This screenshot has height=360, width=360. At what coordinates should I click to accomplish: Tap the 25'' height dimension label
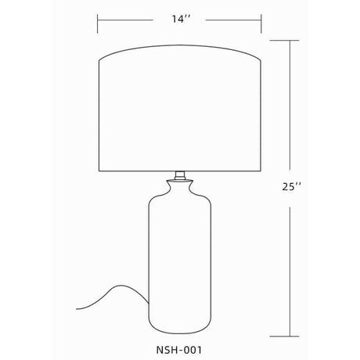click(x=292, y=187)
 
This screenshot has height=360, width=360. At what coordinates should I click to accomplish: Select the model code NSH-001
click(x=179, y=350)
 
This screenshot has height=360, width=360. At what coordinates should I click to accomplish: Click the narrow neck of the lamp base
click(x=180, y=187)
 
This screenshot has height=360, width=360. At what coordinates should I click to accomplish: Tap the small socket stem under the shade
click(x=180, y=175)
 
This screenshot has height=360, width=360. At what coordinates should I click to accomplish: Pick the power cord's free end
click(x=77, y=309)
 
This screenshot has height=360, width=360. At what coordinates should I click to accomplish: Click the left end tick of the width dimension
click(x=98, y=23)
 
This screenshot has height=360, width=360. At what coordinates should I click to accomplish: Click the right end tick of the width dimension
click(x=261, y=23)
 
